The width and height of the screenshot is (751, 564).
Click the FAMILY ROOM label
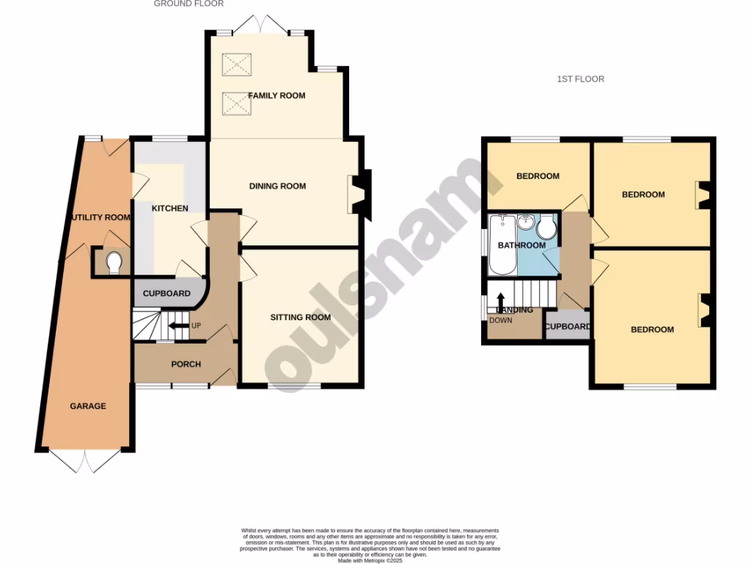pyautogui.click(x=276, y=95)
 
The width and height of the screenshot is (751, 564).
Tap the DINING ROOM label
pyautogui.click(x=277, y=186)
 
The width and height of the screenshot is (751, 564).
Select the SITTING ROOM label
pyautogui.click(x=300, y=317)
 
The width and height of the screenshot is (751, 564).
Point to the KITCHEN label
pyautogui.click(x=169, y=209)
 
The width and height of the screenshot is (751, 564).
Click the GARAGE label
pyautogui.click(x=88, y=406)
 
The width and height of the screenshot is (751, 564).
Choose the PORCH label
pyautogui.click(x=186, y=364)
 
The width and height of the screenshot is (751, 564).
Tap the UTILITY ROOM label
pyautogui.click(x=100, y=217)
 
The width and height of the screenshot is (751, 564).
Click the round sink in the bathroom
pyautogui.click(x=526, y=221)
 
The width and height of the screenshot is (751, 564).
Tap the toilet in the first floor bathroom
pyautogui.click(x=546, y=232)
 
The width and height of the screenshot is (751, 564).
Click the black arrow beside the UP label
pyautogui.click(x=177, y=325)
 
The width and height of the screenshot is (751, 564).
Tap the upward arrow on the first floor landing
pyautogui.click(x=501, y=301)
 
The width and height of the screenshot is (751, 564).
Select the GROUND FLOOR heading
pyautogui.click(x=188, y=4)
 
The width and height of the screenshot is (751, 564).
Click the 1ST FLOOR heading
pyautogui.click(x=580, y=79)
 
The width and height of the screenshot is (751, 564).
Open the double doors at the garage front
pyautogui.click(x=85, y=461)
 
